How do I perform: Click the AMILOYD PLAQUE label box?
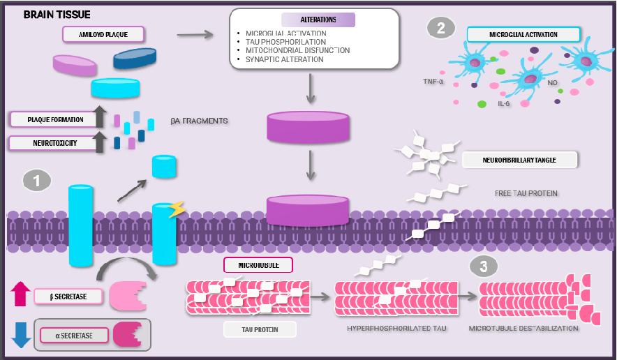pos(103,33)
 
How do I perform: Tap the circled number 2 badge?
pos(440,29)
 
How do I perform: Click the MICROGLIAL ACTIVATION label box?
pos(523,33)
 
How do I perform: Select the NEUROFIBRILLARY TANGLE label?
pos(520,160)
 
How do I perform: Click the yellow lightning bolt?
pos(177,209)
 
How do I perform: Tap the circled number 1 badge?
pos(37,180)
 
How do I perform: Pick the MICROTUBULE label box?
pos(257,264)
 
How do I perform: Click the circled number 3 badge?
pos(484,266)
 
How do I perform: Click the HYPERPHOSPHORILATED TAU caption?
pos(396,328)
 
